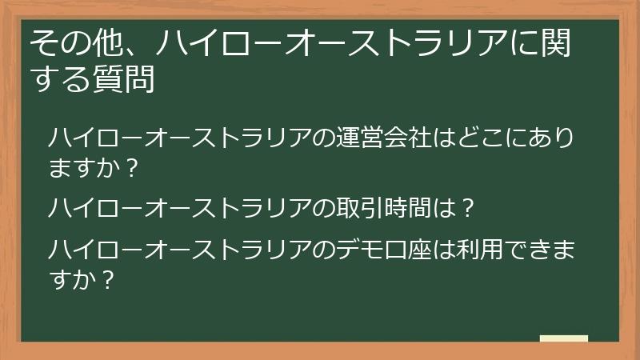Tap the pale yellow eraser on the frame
pyautogui.click(x=564, y=338)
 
